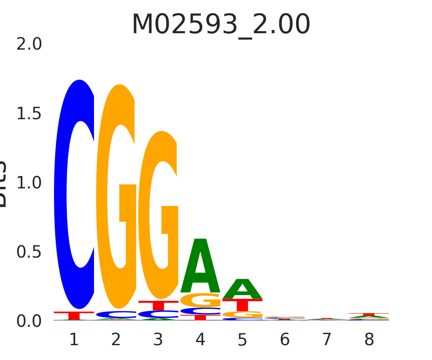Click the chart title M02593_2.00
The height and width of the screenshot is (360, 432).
[221, 25]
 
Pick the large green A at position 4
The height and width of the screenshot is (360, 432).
[200, 266]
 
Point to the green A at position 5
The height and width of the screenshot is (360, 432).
[242, 289]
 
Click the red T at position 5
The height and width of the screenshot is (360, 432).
[242, 305]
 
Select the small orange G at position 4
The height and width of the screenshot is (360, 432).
[200, 300]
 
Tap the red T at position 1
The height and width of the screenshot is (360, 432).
[74, 315]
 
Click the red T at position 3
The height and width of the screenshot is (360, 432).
[158, 305]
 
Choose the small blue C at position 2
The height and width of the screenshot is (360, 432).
[116, 314]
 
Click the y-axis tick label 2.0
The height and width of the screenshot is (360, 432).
[29, 44]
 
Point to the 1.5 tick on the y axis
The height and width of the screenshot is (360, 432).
[29, 114]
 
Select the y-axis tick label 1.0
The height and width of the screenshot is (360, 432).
[29, 183]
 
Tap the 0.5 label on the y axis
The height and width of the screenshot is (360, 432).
[29, 252]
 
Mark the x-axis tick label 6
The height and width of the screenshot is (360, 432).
[284, 340]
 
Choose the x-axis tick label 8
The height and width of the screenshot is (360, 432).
[369, 340]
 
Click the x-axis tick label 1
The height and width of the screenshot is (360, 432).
[74, 340]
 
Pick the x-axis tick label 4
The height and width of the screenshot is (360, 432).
[200, 340]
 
